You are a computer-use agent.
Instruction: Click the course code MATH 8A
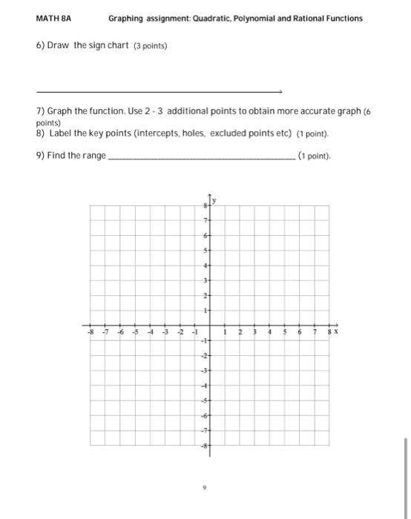click(x=50, y=18)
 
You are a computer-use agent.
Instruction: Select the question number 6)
click(x=41, y=46)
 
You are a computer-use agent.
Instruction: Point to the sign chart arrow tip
click(x=282, y=92)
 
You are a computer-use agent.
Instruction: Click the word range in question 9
click(x=94, y=156)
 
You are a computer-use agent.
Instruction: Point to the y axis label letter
click(x=215, y=200)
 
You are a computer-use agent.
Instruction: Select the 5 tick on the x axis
click(x=285, y=333)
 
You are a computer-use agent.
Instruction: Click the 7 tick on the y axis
click(x=205, y=220)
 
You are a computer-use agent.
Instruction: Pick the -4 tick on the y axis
click(x=204, y=386)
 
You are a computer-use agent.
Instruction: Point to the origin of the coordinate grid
click(x=210, y=325)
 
